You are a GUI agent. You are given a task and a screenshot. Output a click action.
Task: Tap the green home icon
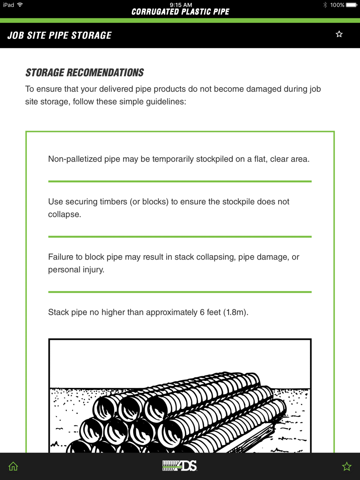pos(13,466)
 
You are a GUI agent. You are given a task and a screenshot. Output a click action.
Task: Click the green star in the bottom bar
pos(346,466)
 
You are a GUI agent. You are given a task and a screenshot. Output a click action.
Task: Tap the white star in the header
pos(339,34)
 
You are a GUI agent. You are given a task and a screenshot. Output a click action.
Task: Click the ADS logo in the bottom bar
pos(180,466)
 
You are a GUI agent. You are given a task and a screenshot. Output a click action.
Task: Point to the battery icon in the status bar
pos(352,5)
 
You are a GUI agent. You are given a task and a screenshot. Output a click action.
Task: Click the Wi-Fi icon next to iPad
pos(20,5)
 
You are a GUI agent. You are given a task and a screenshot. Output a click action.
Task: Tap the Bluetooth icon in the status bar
pos(325,5)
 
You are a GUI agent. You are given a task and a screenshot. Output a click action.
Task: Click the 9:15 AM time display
pos(181,5)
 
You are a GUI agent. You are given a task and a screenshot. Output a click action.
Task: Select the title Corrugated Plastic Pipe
pos(180,12)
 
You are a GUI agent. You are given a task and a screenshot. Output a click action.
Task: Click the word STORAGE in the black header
pos(91,35)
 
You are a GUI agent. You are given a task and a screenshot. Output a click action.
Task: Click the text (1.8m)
pos(236,312)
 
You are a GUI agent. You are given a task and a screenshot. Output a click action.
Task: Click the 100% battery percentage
pos(337,5)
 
